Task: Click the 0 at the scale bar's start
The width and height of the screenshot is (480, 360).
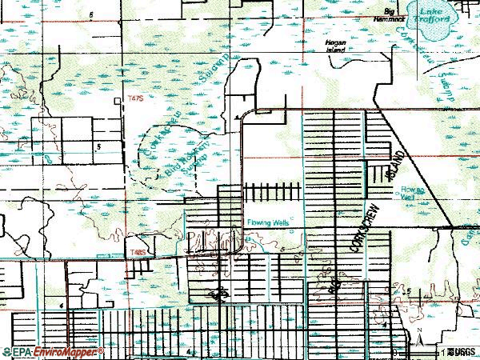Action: point(394,351)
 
